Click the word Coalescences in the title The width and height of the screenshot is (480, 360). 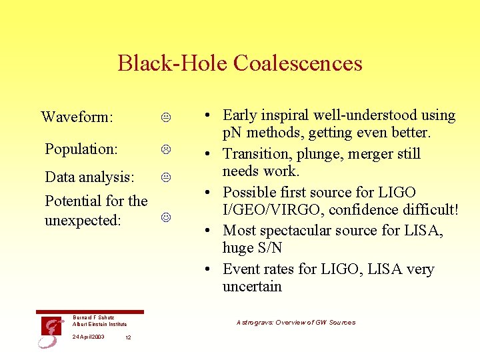298,63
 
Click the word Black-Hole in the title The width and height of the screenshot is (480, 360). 173,63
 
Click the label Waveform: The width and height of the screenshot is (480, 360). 76,117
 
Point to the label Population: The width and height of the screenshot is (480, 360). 81,149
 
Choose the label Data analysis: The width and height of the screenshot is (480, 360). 89,177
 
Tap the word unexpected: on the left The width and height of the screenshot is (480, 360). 83,220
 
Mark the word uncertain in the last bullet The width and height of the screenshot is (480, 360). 252,287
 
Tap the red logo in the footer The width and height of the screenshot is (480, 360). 51,331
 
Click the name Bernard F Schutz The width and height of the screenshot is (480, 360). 94,317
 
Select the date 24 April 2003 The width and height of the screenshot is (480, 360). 89,337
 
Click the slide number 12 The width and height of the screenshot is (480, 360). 128,337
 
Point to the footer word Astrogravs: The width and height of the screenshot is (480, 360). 251,323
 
